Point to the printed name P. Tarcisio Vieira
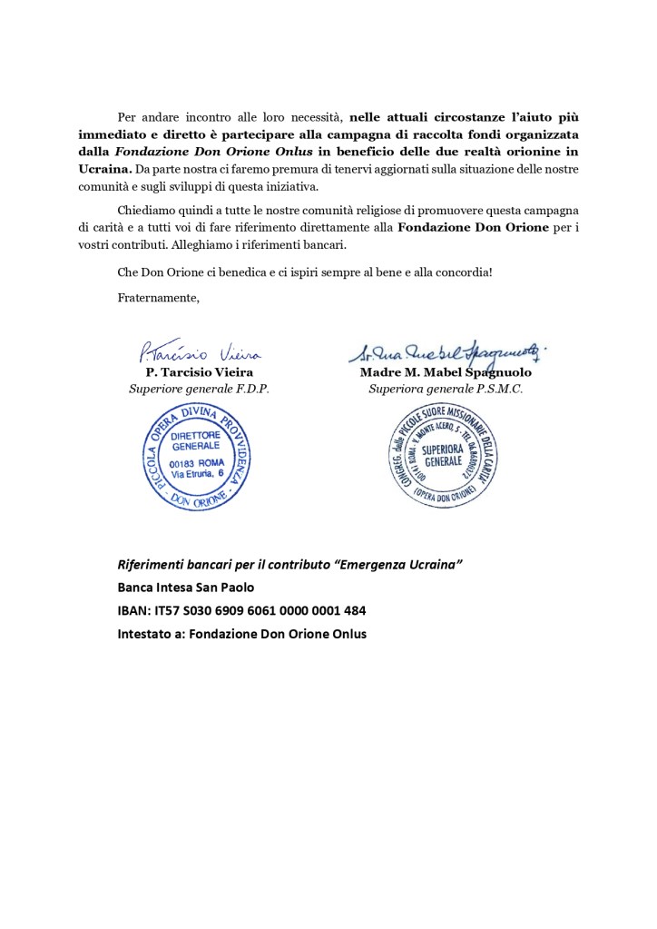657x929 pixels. point(199,372)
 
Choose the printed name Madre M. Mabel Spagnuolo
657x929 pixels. point(446,372)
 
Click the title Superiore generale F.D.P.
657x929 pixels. point(199,389)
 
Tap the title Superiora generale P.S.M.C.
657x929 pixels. point(446,389)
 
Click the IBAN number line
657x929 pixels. point(242,610)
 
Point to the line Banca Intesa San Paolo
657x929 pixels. point(186,588)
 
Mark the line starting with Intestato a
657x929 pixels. point(242,634)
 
